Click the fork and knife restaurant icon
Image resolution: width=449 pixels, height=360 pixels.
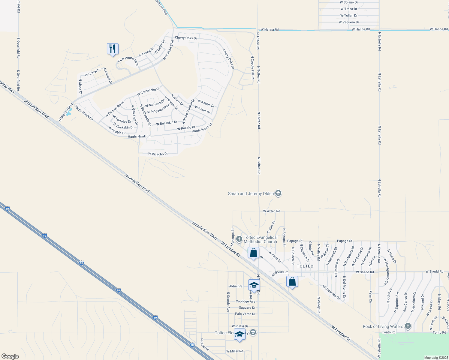[113, 49]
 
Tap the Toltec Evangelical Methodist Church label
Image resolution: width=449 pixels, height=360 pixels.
[260, 239]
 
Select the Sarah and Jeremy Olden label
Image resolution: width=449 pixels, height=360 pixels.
[251, 193]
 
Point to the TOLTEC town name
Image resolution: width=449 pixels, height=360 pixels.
[305, 266]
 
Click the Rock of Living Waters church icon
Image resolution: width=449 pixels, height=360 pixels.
[408, 326]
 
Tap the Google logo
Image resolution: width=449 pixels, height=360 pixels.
[10, 356]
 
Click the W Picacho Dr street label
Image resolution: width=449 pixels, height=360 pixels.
[158, 154]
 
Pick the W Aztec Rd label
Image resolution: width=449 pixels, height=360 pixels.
[272, 211]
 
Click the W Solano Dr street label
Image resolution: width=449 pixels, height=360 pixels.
[349, 2]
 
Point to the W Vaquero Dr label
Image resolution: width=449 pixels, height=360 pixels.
[349, 22]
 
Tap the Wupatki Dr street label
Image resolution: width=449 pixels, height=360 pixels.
[240, 326]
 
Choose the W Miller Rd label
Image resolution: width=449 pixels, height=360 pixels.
[235, 351]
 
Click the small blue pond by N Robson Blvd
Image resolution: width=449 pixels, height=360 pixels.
[69, 112]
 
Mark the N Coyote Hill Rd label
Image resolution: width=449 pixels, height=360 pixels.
[253, 67]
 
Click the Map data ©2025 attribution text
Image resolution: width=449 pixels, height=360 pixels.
[436, 358]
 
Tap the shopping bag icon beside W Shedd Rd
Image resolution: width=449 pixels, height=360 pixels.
[292, 282]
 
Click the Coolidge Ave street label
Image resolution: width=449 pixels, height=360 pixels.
[246, 301]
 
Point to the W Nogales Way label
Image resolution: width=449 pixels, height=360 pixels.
[158, 109]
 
